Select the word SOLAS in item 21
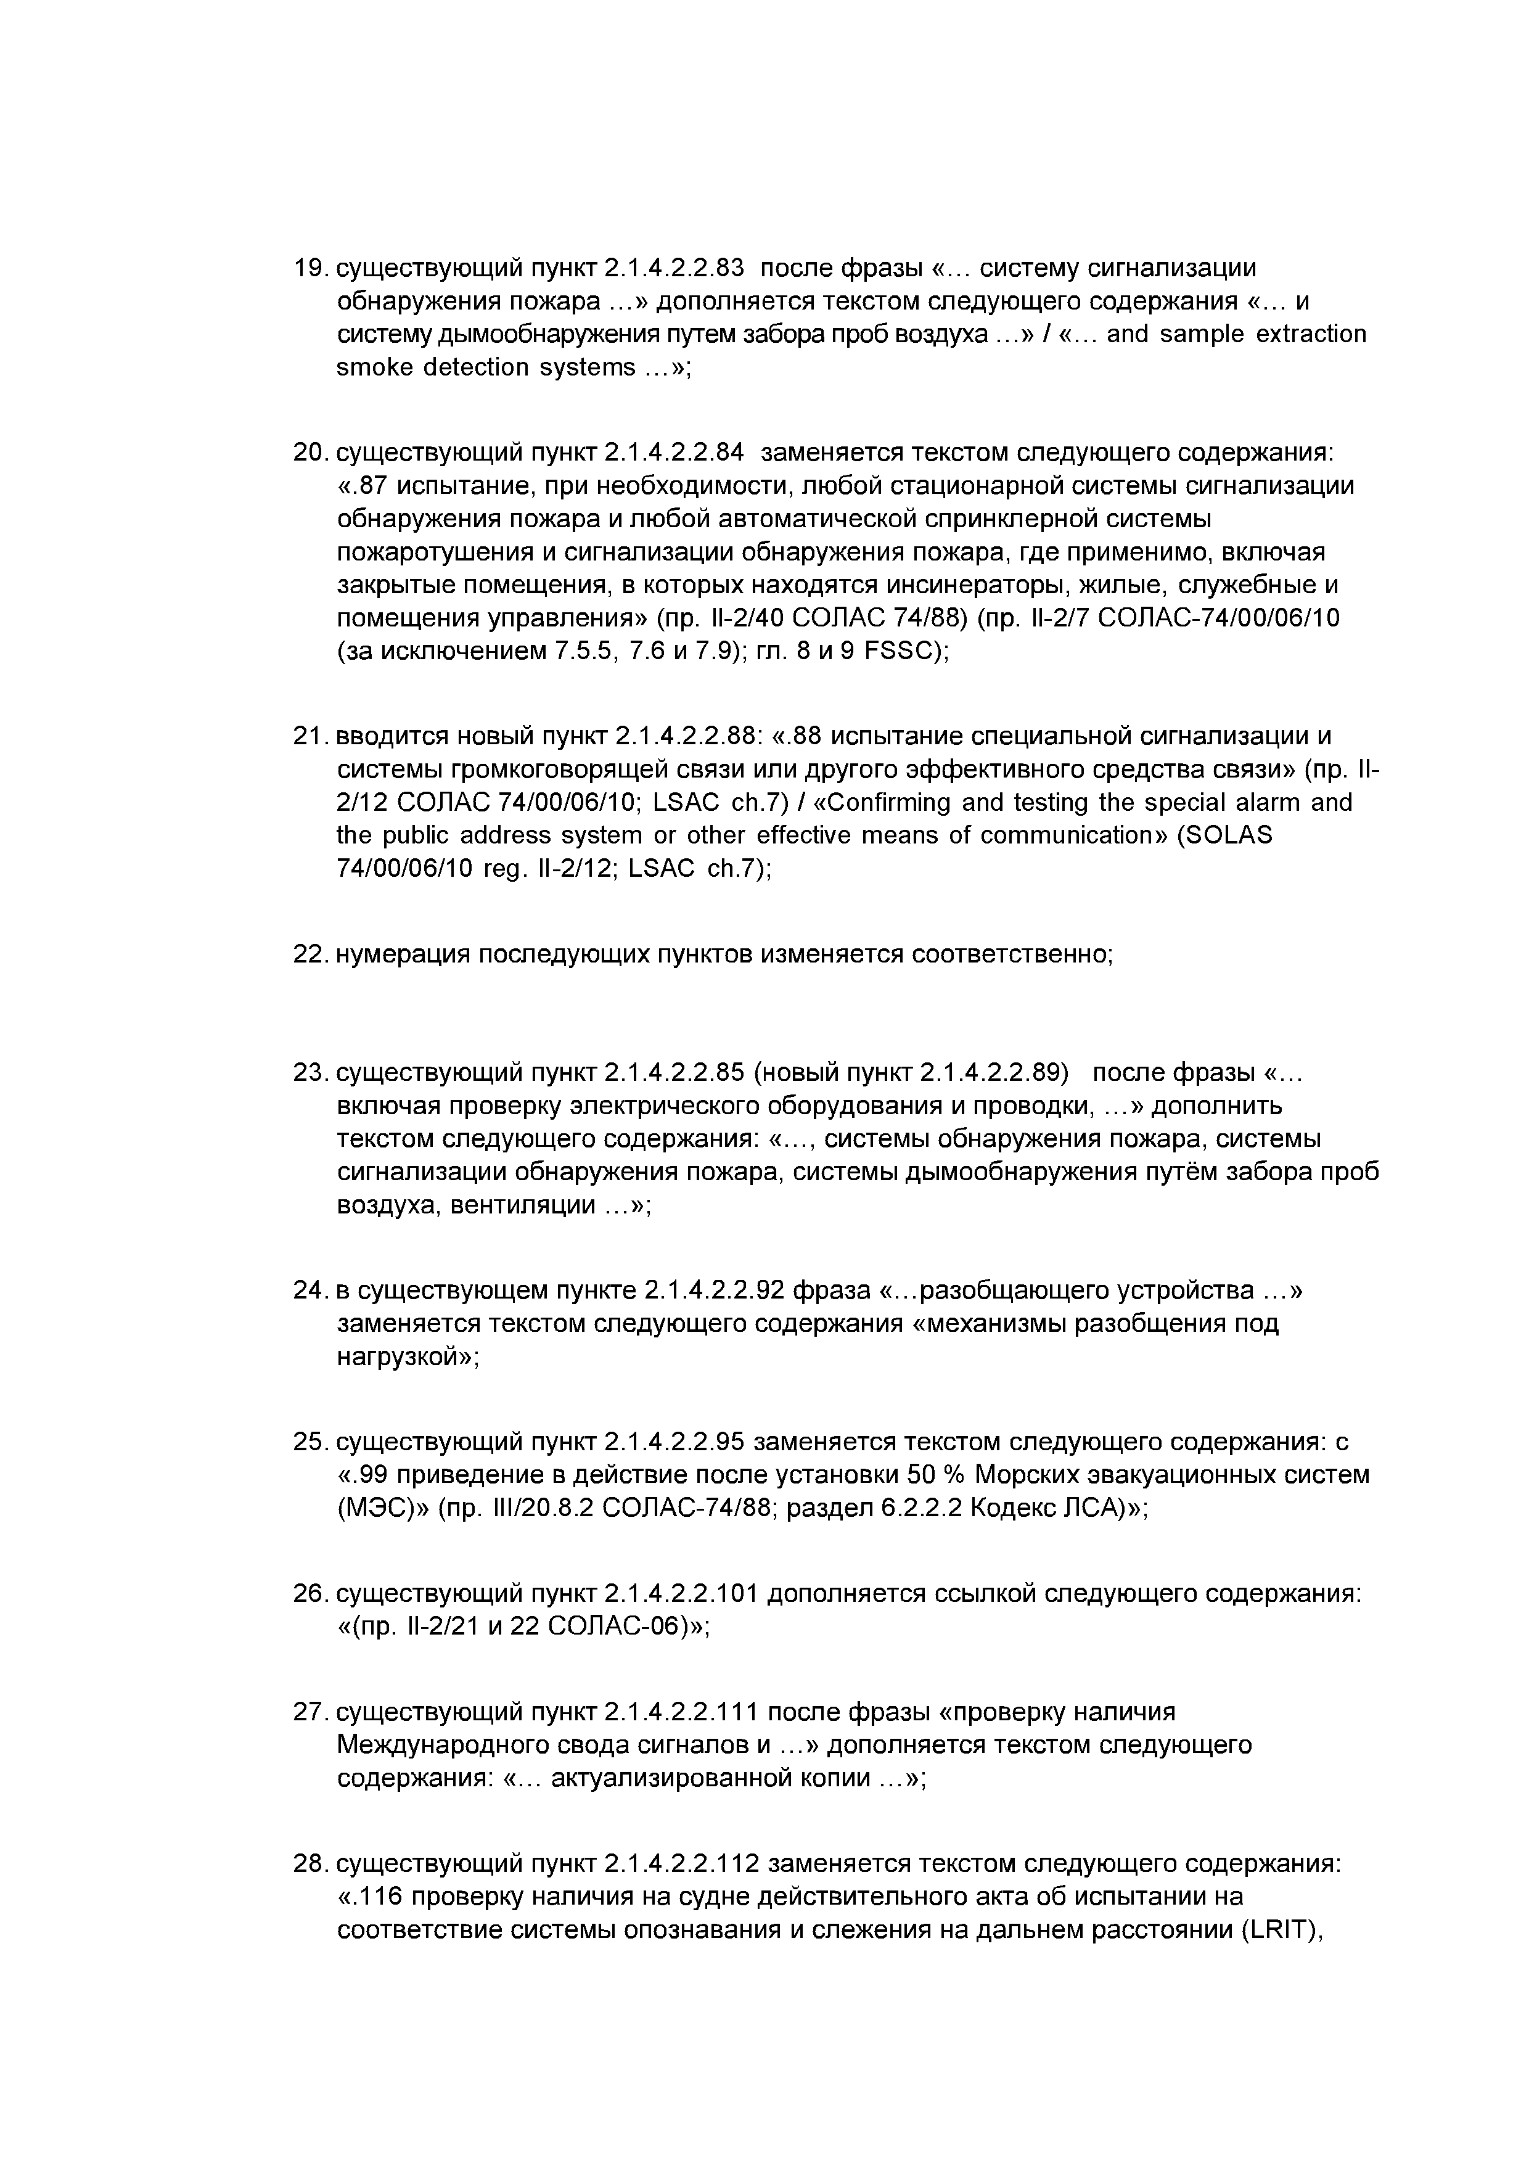[1232, 835]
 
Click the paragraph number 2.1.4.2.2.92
[714, 1290]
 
